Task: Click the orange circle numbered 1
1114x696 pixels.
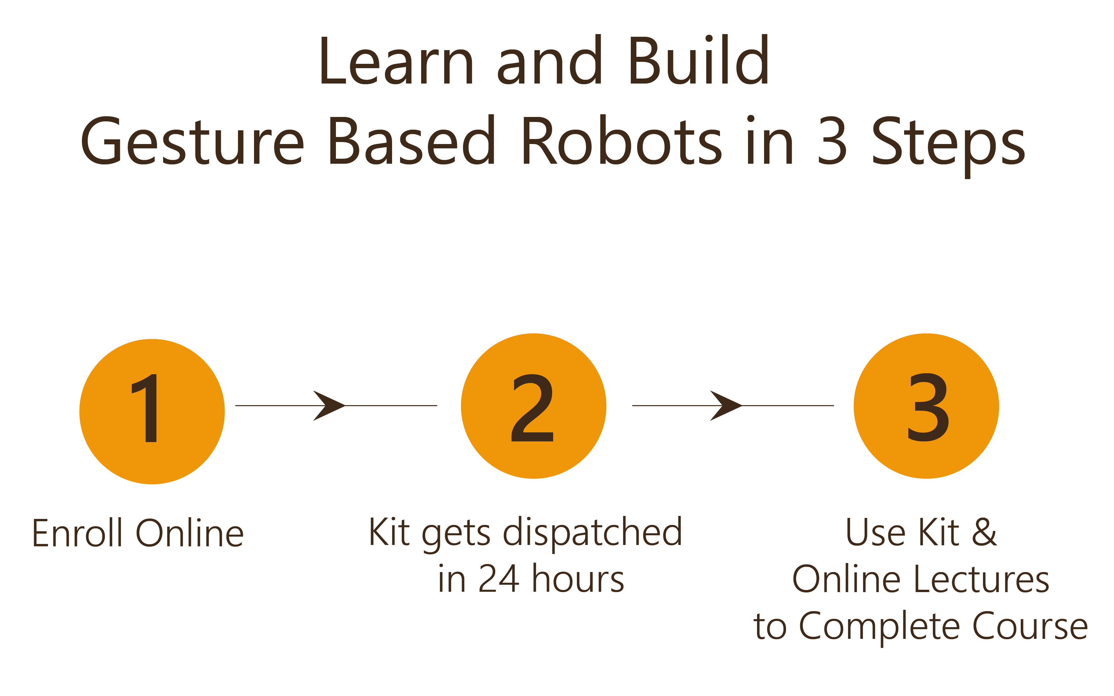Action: (x=152, y=412)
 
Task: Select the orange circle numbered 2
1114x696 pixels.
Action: (x=533, y=406)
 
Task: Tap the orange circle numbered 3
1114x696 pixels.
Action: (x=926, y=406)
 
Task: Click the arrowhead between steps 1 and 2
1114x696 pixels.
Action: (x=329, y=406)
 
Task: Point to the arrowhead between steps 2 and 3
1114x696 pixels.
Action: (x=726, y=406)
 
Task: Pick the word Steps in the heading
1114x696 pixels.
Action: (x=948, y=145)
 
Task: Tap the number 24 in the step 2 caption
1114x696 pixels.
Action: (x=499, y=579)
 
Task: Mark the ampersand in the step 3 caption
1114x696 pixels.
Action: (x=985, y=532)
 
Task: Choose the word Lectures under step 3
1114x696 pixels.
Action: (x=981, y=579)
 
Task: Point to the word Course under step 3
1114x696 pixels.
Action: (x=1030, y=626)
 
